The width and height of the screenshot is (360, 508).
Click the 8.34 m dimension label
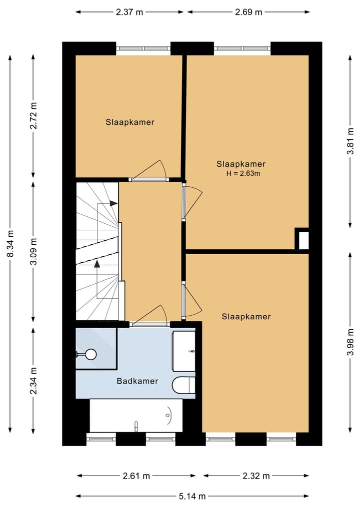10,244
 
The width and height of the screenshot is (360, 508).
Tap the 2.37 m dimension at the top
129,12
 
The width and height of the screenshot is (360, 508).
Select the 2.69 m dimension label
248,12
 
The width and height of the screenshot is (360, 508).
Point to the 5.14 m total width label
192,496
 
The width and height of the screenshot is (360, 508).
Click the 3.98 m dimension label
350,342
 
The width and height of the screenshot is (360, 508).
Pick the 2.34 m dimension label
33,381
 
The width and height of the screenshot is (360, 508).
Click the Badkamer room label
137,381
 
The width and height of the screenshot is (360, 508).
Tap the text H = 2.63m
243,173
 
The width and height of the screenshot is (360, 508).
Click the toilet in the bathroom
183,385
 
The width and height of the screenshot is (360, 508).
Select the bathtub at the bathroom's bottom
136,416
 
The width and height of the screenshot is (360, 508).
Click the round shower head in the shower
91,354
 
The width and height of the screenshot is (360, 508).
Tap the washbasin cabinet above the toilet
183,351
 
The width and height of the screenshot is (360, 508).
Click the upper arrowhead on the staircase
113,203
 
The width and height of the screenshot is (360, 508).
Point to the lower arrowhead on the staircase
97,264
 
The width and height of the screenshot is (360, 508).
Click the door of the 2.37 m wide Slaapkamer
149,170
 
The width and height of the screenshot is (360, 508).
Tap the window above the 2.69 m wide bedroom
242,48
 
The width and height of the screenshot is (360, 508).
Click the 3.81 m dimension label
350,141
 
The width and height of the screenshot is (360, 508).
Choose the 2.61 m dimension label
136,476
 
